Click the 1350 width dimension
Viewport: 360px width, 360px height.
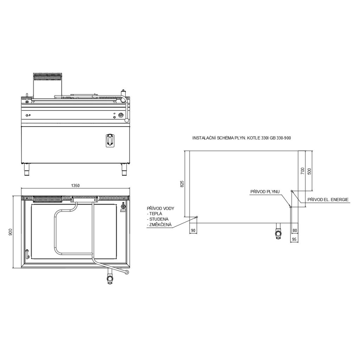pyautogui.click(x=75, y=186)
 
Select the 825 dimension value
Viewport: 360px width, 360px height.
pyautogui.click(x=182, y=184)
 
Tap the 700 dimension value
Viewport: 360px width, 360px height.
pyautogui.click(x=302, y=171)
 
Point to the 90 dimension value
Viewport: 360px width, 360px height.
pyautogui.click(x=193, y=231)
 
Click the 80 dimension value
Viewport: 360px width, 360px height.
pyautogui.click(x=295, y=231)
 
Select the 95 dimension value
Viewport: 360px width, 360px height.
pyautogui.click(x=294, y=239)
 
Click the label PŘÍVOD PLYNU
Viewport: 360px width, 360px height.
pyautogui.click(x=265, y=192)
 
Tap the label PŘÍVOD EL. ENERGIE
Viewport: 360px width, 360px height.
pyautogui.click(x=328, y=200)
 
